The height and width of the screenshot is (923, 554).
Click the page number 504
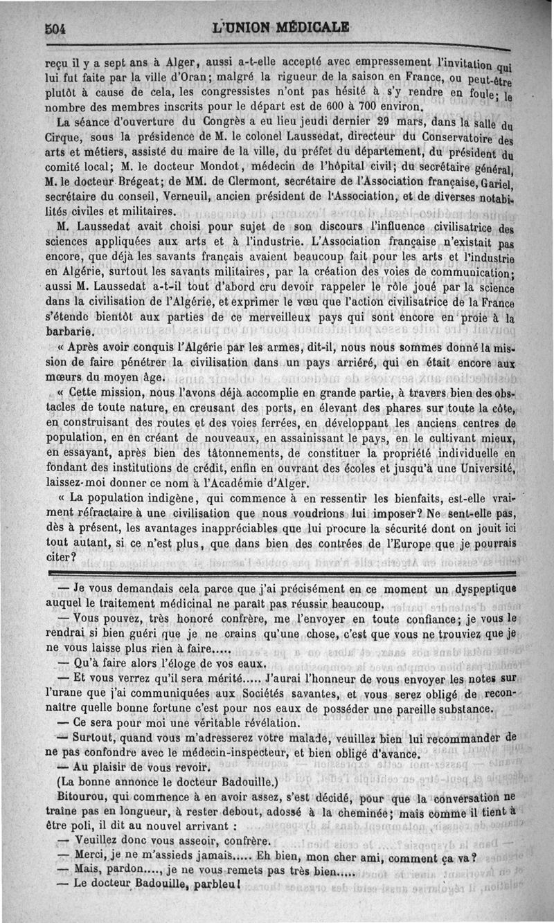[54, 29]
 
